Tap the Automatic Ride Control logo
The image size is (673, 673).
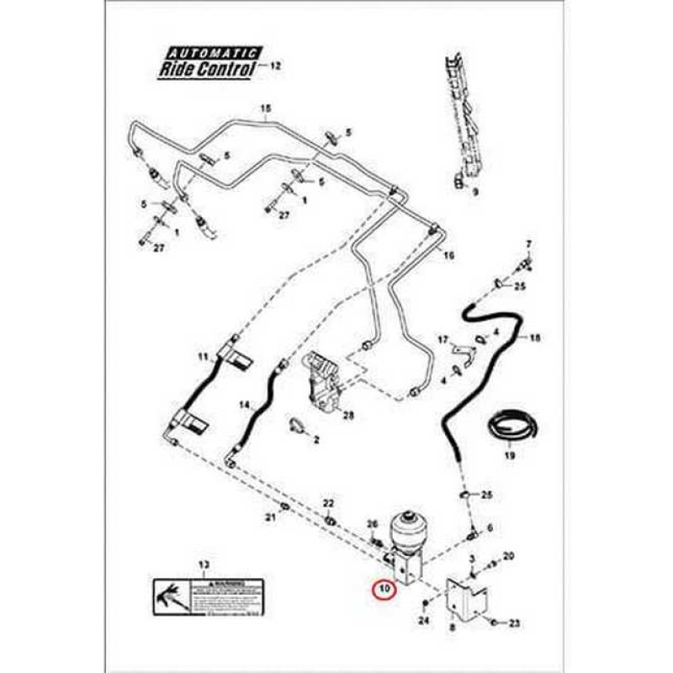coord(208,64)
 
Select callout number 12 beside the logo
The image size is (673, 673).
coord(278,65)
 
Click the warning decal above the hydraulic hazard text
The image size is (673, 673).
coord(209,596)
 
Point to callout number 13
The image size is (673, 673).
coord(202,564)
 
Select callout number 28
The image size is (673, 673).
coord(349,416)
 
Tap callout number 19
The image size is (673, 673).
coord(509,456)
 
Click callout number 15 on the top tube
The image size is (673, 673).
coord(267,109)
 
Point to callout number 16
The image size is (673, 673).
coord(448,256)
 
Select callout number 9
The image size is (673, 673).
coord(474,192)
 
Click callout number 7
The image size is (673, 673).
coord(529,244)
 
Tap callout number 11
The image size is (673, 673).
coord(203,358)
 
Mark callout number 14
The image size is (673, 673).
coord(243,405)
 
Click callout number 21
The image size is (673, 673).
coord(270,517)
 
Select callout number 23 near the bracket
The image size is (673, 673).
coord(515,623)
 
